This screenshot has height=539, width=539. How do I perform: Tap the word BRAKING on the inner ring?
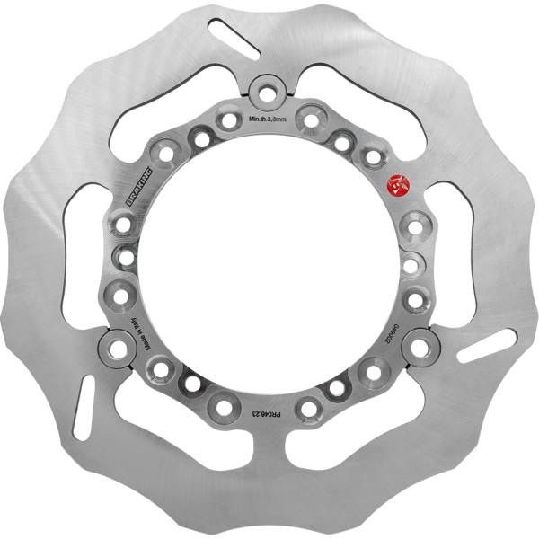[140, 184]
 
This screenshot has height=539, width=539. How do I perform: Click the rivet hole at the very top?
[267, 91]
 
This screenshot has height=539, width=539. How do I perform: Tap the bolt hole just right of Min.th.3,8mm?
[310, 119]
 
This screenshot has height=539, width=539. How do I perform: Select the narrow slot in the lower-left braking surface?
[84, 407]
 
